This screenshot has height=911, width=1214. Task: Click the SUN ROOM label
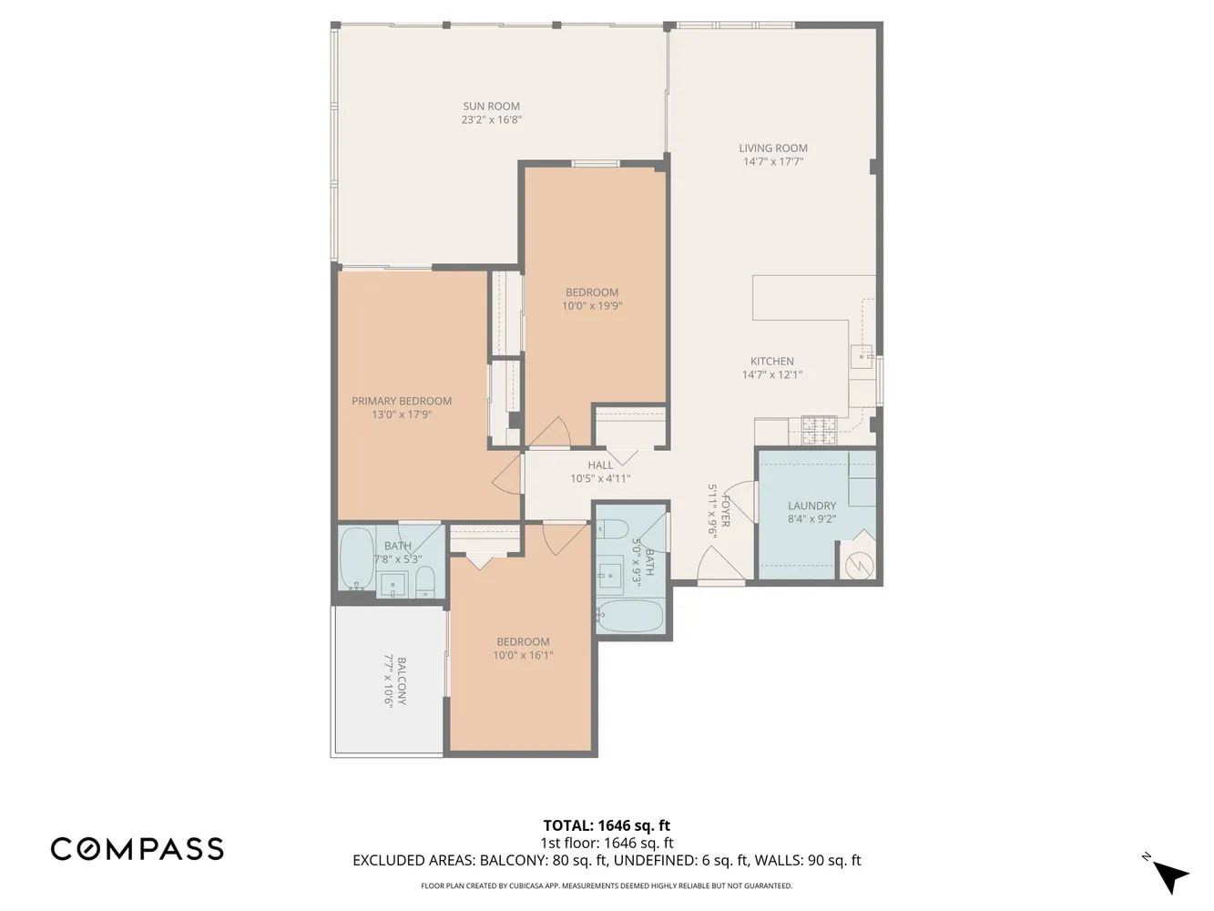pyautogui.click(x=491, y=107)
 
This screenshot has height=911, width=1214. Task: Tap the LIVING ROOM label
pyautogui.click(x=772, y=148)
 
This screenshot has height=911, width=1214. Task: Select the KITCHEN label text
pyautogui.click(x=771, y=362)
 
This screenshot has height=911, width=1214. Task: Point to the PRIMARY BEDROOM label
pyautogui.click(x=402, y=401)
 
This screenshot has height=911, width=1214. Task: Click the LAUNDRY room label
pyautogui.click(x=811, y=506)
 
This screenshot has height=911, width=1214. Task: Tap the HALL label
pyautogui.click(x=600, y=466)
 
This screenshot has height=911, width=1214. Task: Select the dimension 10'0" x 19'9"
pyautogui.click(x=592, y=306)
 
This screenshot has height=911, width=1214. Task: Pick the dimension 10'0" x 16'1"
pyautogui.click(x=523, y=655)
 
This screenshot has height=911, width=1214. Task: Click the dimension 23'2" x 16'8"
pyautogui.click(x=491, y=120)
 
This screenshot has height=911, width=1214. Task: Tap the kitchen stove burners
pyautogui.click(x=819, y=429)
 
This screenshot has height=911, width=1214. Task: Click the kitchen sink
pyautogui.click(x=861, y=354)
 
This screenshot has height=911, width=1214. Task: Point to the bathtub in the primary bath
pyautogui.click(x=355, y=558)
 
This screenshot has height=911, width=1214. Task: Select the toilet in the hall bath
pyautogui.click(x=611, y=529)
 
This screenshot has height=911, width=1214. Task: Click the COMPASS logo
pyautogui.click(x=137, y=849)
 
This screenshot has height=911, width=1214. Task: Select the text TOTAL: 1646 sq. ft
pyautogui.click(x=607, y=826)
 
